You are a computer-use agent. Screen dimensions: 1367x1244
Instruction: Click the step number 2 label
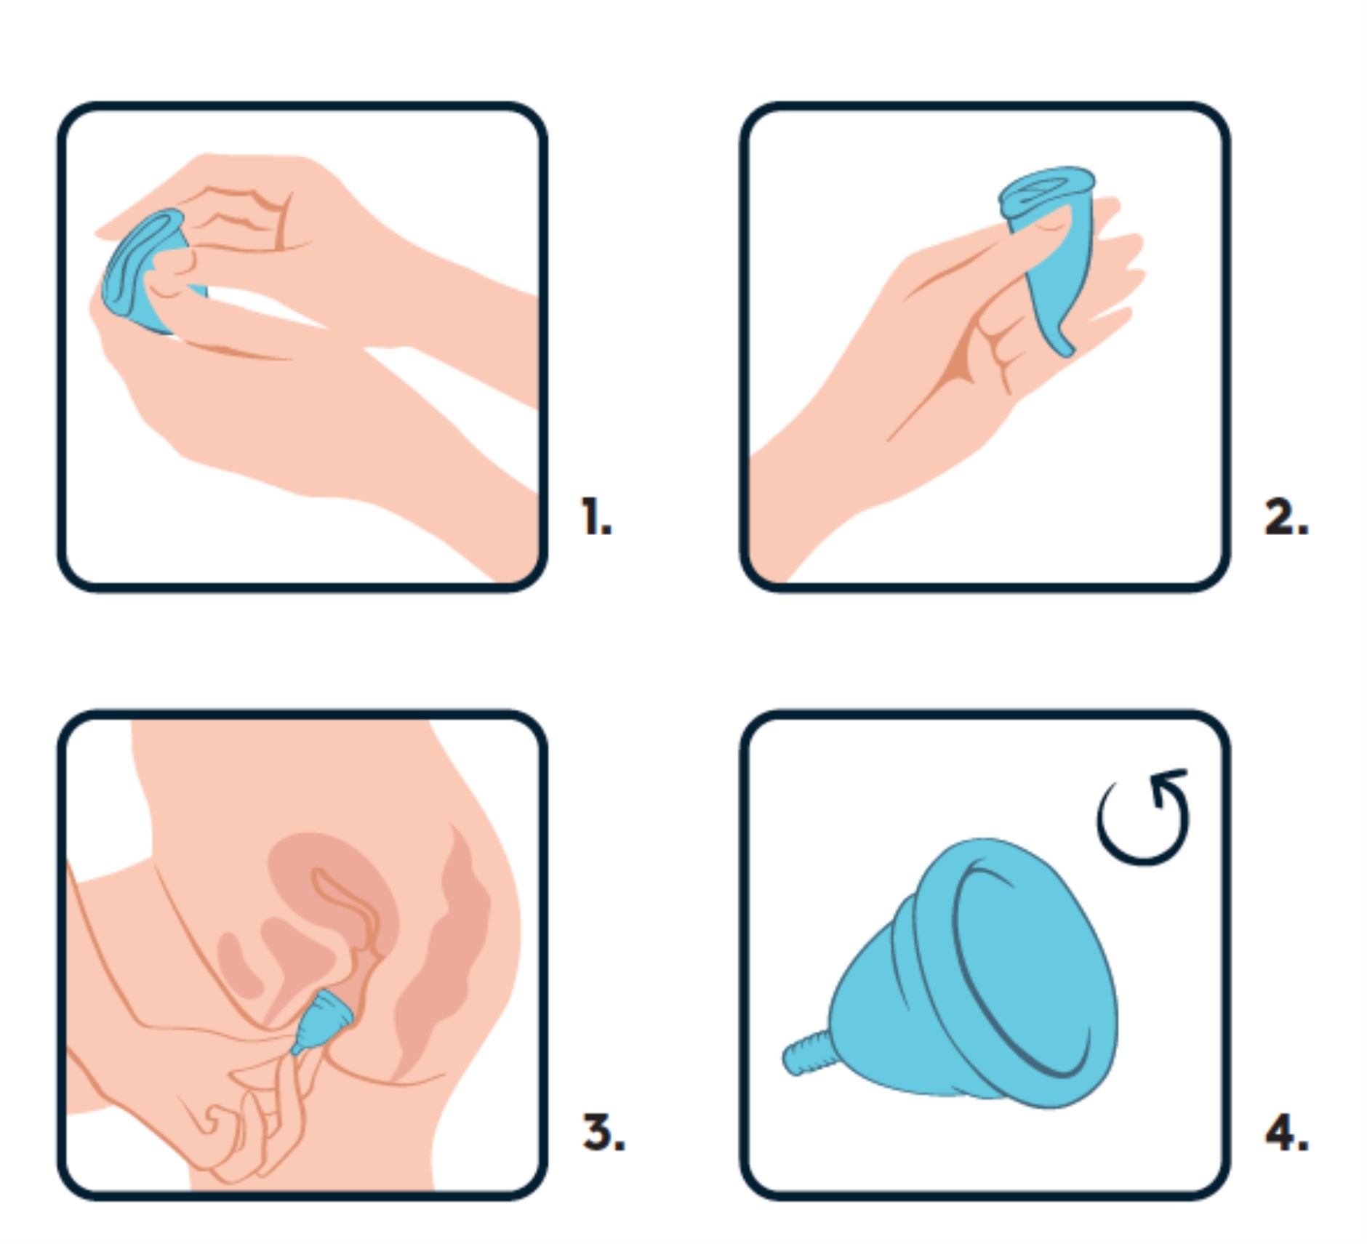click(x=1286, y=517)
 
